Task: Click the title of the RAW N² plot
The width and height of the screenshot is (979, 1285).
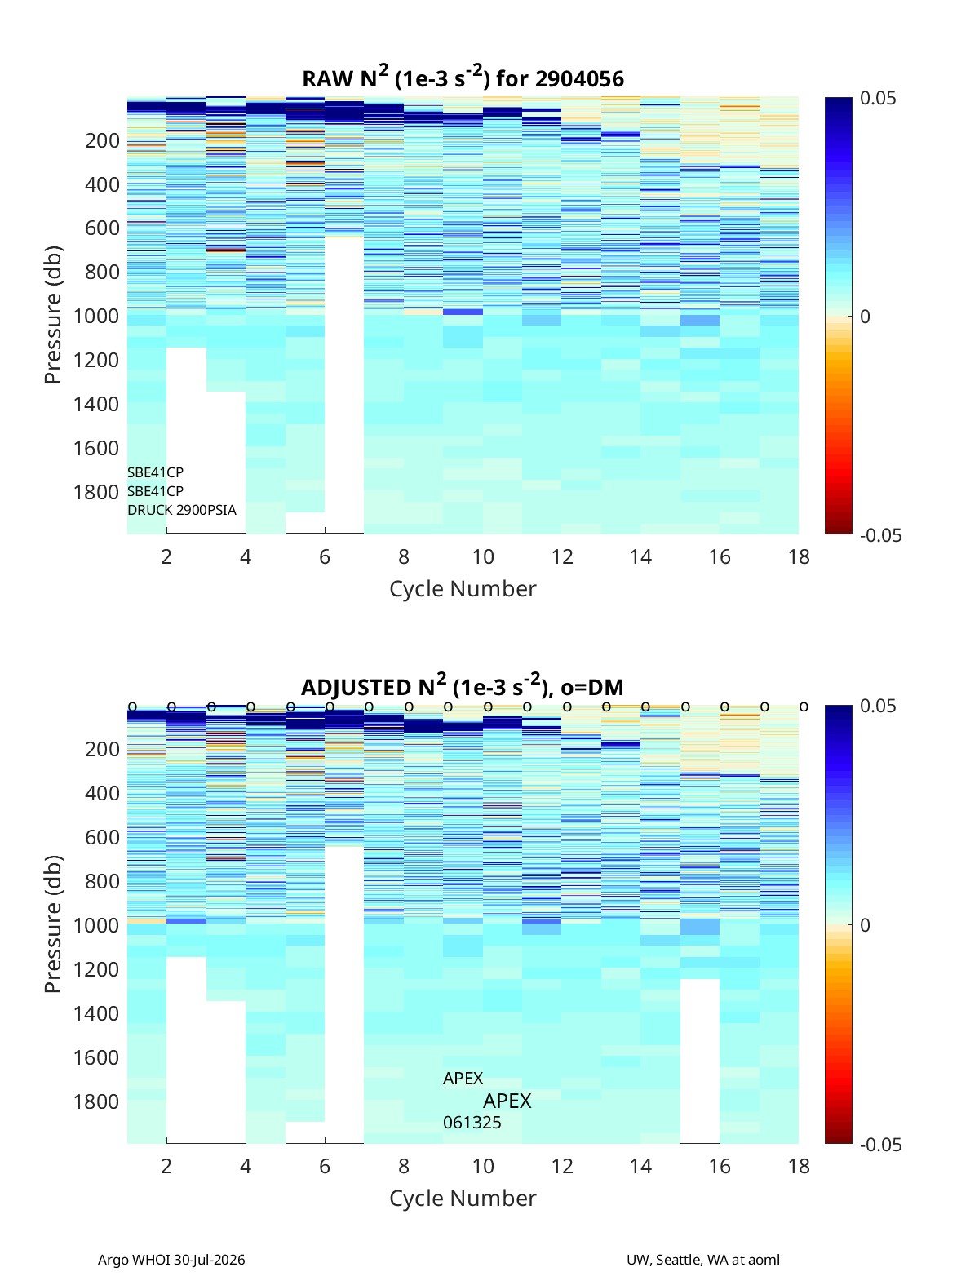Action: (x=463, y=78)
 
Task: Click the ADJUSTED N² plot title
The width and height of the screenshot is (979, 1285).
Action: (x=463, y=686)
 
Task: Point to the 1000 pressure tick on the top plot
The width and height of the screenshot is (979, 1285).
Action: (x=96, y=316)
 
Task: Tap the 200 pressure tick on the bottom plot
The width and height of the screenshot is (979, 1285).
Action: (x=103, y=749)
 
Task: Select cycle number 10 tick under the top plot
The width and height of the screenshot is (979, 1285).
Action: (x=483, y=556)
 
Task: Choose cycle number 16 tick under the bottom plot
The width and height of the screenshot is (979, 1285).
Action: (x=720, y=1166)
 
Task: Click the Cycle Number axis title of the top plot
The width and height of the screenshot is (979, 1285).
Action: (x=463, y=589)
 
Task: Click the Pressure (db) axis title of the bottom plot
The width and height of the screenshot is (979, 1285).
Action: (x=53, y=924)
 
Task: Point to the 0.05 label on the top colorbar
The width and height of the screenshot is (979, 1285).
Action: (x=878, y=99)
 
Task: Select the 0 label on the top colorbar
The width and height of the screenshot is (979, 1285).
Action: (x=865, y=317)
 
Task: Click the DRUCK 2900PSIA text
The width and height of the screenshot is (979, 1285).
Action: (x=182, y=510)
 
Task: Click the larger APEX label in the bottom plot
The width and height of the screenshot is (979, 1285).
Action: (x=507, y=1101)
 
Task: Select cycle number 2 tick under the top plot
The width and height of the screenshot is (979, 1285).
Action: (x=166, y=556)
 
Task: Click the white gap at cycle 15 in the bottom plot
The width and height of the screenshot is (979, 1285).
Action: (x=700, y=1061)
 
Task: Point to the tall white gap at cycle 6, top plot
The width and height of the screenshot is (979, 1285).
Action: (x=344, y=385)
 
